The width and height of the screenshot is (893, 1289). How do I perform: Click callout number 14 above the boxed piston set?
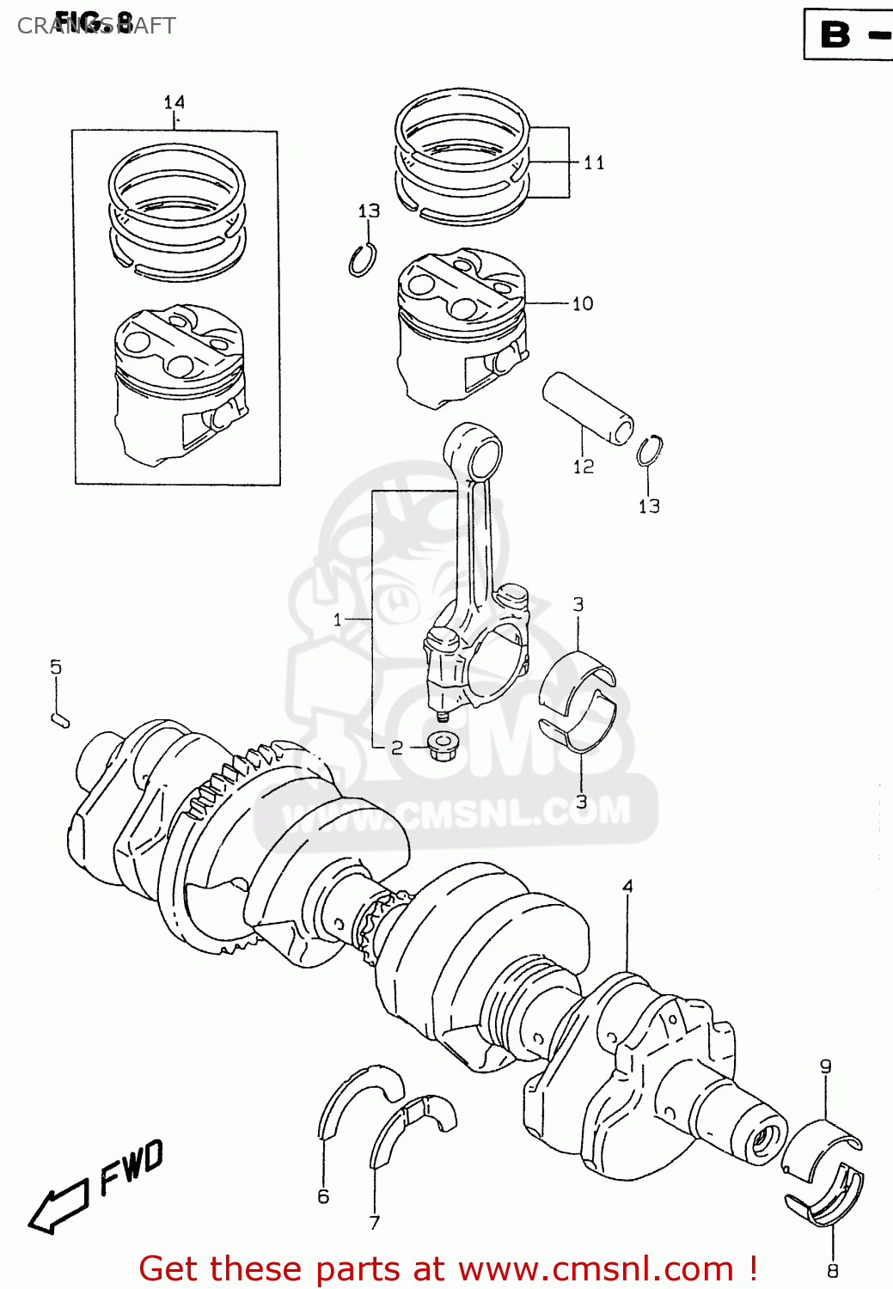click(174, 102)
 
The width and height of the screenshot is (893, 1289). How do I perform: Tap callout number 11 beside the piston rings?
click(594, 162)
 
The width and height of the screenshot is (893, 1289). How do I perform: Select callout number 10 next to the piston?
click(583, 303)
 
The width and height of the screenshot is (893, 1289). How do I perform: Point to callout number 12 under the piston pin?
click(584, 467)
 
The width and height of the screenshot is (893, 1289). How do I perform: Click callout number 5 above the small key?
click(56, 667)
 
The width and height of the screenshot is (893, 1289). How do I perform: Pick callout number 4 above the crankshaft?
click(628, 886)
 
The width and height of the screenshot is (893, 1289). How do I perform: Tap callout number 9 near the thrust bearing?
click(825, 1066)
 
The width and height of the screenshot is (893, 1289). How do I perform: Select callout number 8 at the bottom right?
click(832, 1270)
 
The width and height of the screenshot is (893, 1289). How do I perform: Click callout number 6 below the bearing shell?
click(323, 1196)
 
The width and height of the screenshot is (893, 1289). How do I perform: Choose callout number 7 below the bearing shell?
click(375, 1222)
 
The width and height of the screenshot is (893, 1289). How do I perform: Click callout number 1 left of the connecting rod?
click(338, 619)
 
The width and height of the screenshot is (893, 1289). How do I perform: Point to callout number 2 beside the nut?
click(397, 748)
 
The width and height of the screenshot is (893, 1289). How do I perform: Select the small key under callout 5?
click(59, 719)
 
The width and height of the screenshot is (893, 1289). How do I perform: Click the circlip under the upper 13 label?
click(362, 260)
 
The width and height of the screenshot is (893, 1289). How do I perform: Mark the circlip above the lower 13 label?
click(650, 451)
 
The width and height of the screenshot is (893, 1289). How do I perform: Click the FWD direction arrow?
click(60, 1203)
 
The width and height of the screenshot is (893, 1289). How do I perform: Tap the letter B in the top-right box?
click(835, 34)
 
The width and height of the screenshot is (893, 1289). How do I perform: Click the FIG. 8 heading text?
click(95, 21)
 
